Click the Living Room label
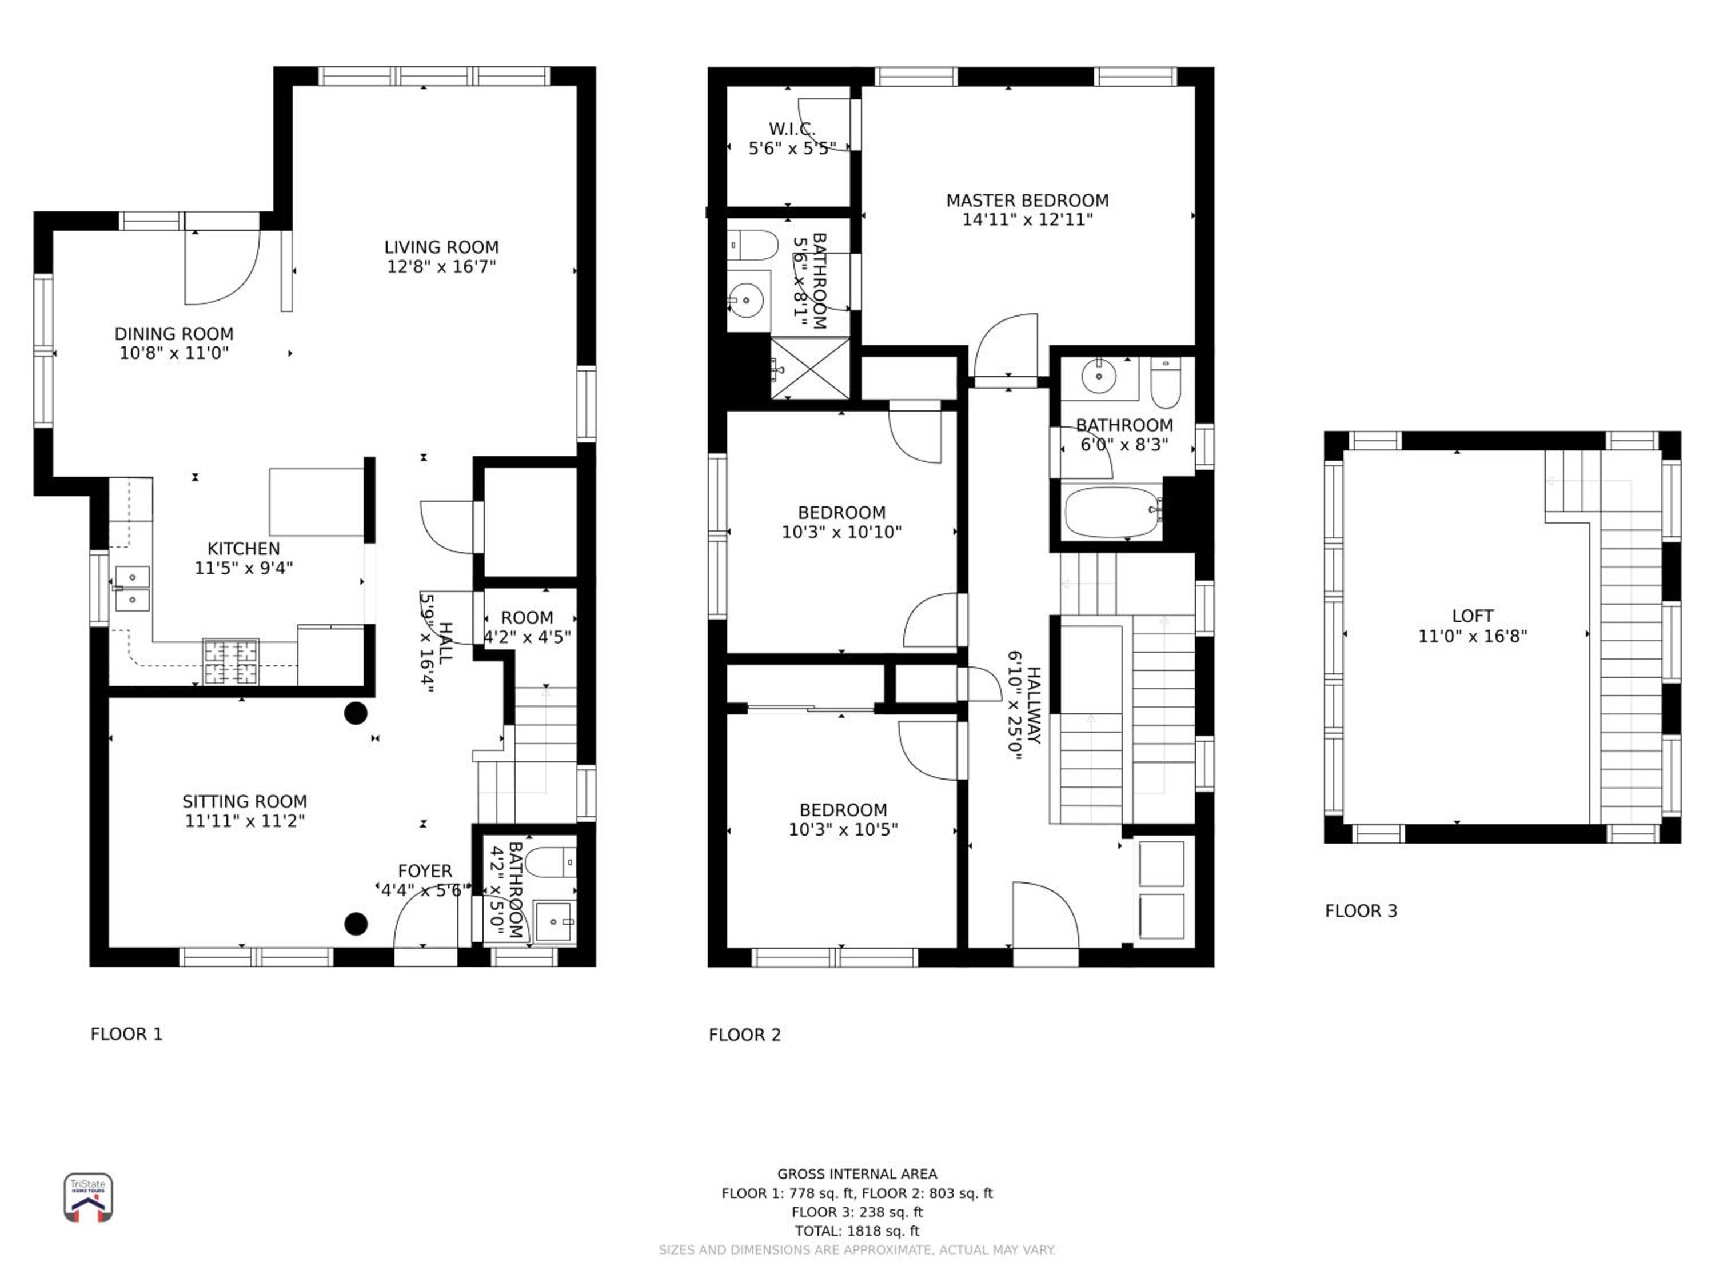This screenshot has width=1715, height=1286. [x=441, y=247]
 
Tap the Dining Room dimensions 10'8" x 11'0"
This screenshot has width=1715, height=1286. [x=174, y=353]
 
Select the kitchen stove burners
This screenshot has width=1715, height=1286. [x=230, y=661]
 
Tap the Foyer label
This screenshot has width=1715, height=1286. [x=425, y=871]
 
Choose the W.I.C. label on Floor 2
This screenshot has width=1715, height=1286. [x=792, y=129]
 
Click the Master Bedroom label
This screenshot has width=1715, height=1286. [x=1027, y=201]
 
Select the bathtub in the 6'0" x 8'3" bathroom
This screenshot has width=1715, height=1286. [x=1114, y=512]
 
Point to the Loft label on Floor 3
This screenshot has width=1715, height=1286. [x=1472, y=616]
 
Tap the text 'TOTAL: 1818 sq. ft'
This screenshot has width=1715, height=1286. [x=857, y=1231]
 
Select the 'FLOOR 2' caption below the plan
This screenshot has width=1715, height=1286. [x=744, y=1035]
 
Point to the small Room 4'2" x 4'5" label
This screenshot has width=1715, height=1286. [x=527, y=618]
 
